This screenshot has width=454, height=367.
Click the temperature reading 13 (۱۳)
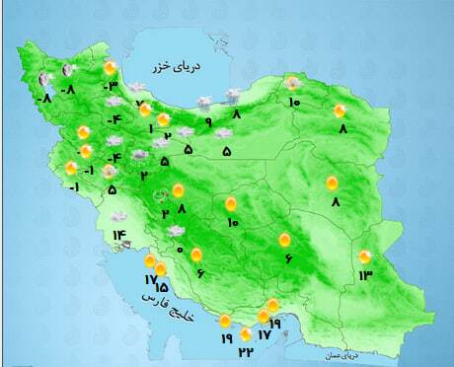pyautogui.click(x=366, y=273)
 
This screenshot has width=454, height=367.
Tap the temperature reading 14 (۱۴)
pyautogui.click(x=119, y=235)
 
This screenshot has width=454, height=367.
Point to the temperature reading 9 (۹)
pyautogui.click(x=208, y=122)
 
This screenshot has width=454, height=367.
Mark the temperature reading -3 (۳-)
pyautogui.click(x=111, y=87)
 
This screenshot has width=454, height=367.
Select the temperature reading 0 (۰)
pyautogui.click(x=179, y=249)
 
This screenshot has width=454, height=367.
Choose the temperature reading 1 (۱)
pyautogui.click(x=152, y=128)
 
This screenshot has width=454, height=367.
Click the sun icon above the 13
pyautogui.click(x=365, y=256)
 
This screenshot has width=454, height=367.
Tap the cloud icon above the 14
pyautogui.click(x=118, y=216)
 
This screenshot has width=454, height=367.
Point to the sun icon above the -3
pyautogui.click(x=111, y=67)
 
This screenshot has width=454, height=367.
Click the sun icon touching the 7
pyautogui.click(x=146, y=110)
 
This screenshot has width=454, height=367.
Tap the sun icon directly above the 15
pyautogui.click(x=160, y=268)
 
